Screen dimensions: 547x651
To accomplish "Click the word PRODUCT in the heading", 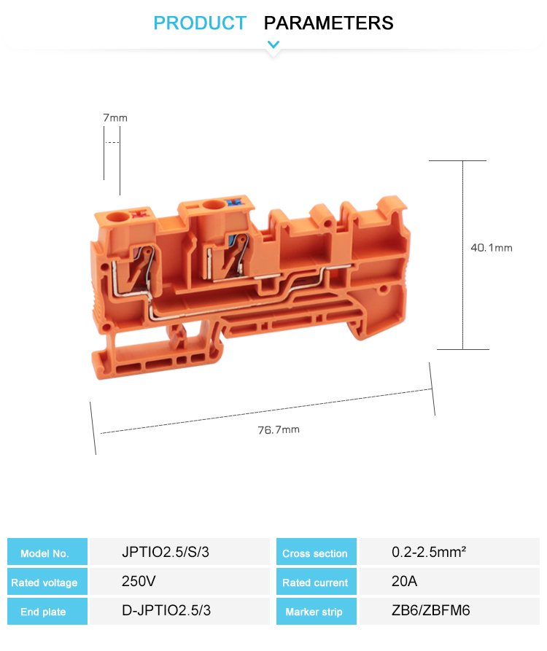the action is click(x=200, y=23).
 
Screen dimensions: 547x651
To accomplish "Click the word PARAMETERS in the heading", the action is click(x=328, y=23).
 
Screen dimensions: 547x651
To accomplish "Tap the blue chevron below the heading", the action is click(x=273, y=44).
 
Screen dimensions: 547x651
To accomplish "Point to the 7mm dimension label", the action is click(x=115, y=118).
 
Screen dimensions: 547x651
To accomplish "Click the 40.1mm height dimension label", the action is click(x=492, y=248).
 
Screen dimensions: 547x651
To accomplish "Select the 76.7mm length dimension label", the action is click(x=279, y=429).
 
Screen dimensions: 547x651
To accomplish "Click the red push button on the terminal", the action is click(x=139, y=214).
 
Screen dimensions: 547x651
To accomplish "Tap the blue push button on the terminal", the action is click(x=233, y=203).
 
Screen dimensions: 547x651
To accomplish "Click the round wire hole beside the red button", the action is click(x=118, y=217).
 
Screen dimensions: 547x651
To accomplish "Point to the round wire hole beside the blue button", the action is click(x=213, y=205).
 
